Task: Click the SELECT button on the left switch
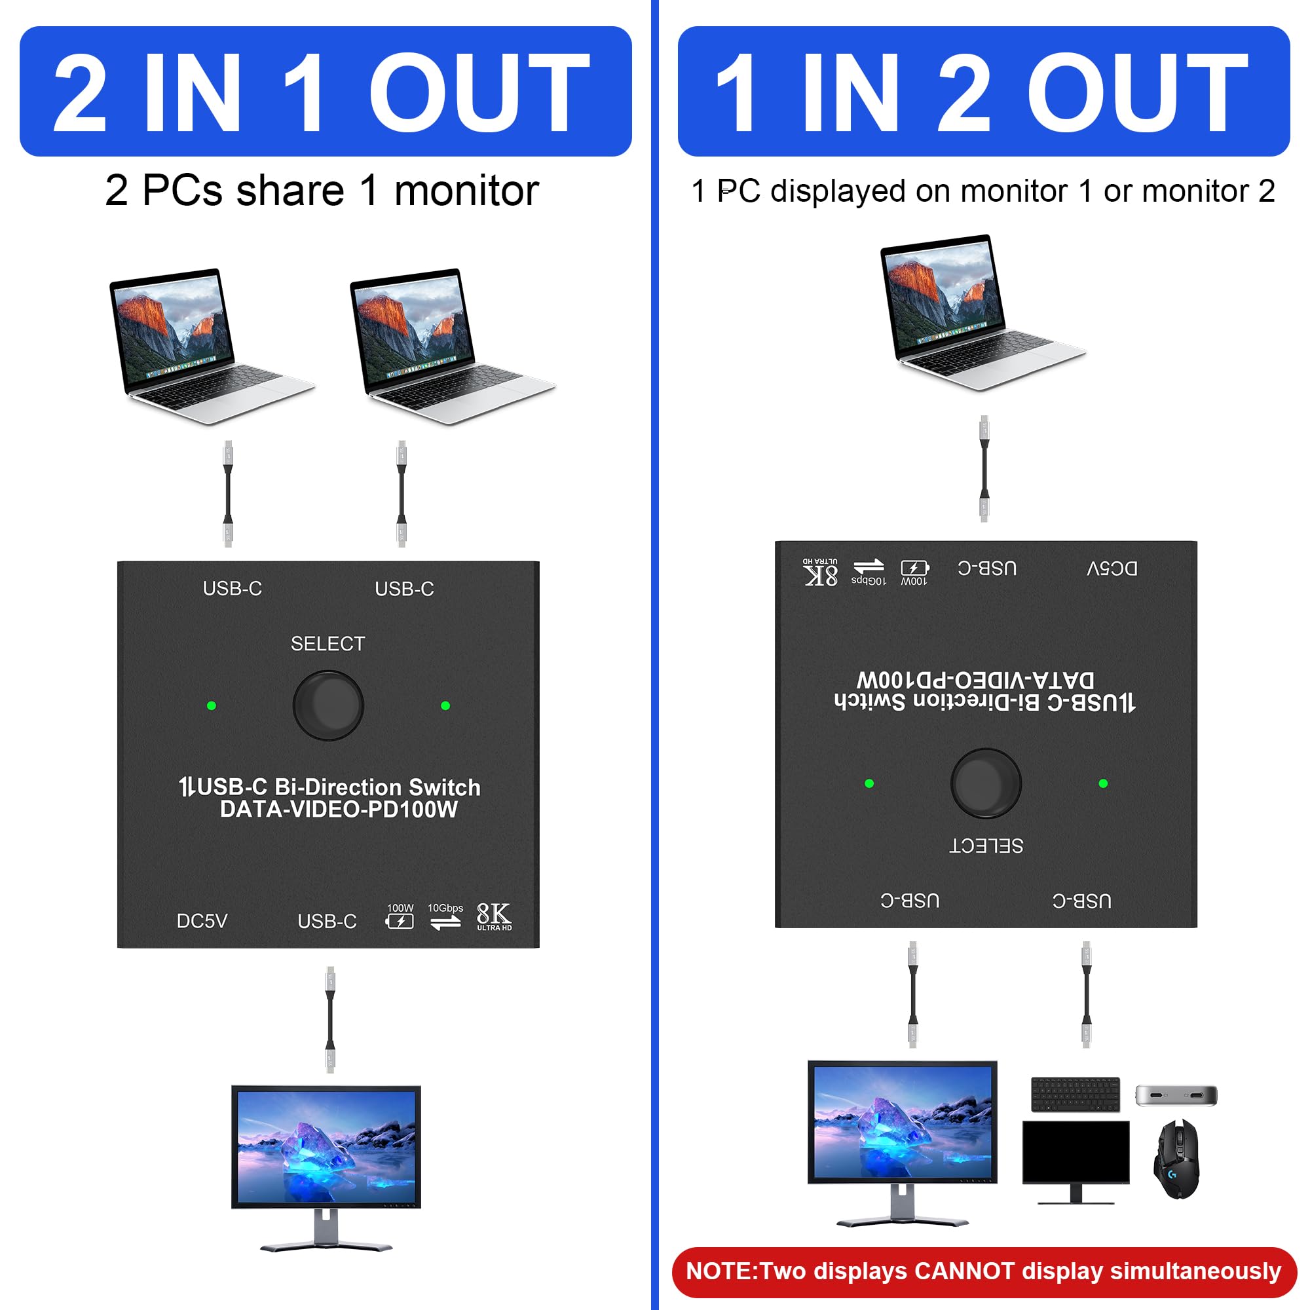(x=328, y=705)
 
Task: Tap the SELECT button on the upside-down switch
(x=986, y=783)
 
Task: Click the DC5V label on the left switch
(x=202, y=921)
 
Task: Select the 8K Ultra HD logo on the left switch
(x=495, y=917)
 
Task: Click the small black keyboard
(x=1076, y=1094)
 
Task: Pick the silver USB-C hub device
(x=1176, y=1095)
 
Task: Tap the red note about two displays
(x=984, y=1271)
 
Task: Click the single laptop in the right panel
(x=982, y=312)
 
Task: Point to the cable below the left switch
(x=330, y=1020)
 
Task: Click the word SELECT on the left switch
(x=327, y=643)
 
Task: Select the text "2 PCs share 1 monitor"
(x=322, y=190)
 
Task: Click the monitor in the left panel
(x=326, y=1168)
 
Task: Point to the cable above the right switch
(x=984, y=468)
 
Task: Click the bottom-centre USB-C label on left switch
(x=327, y=921)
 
